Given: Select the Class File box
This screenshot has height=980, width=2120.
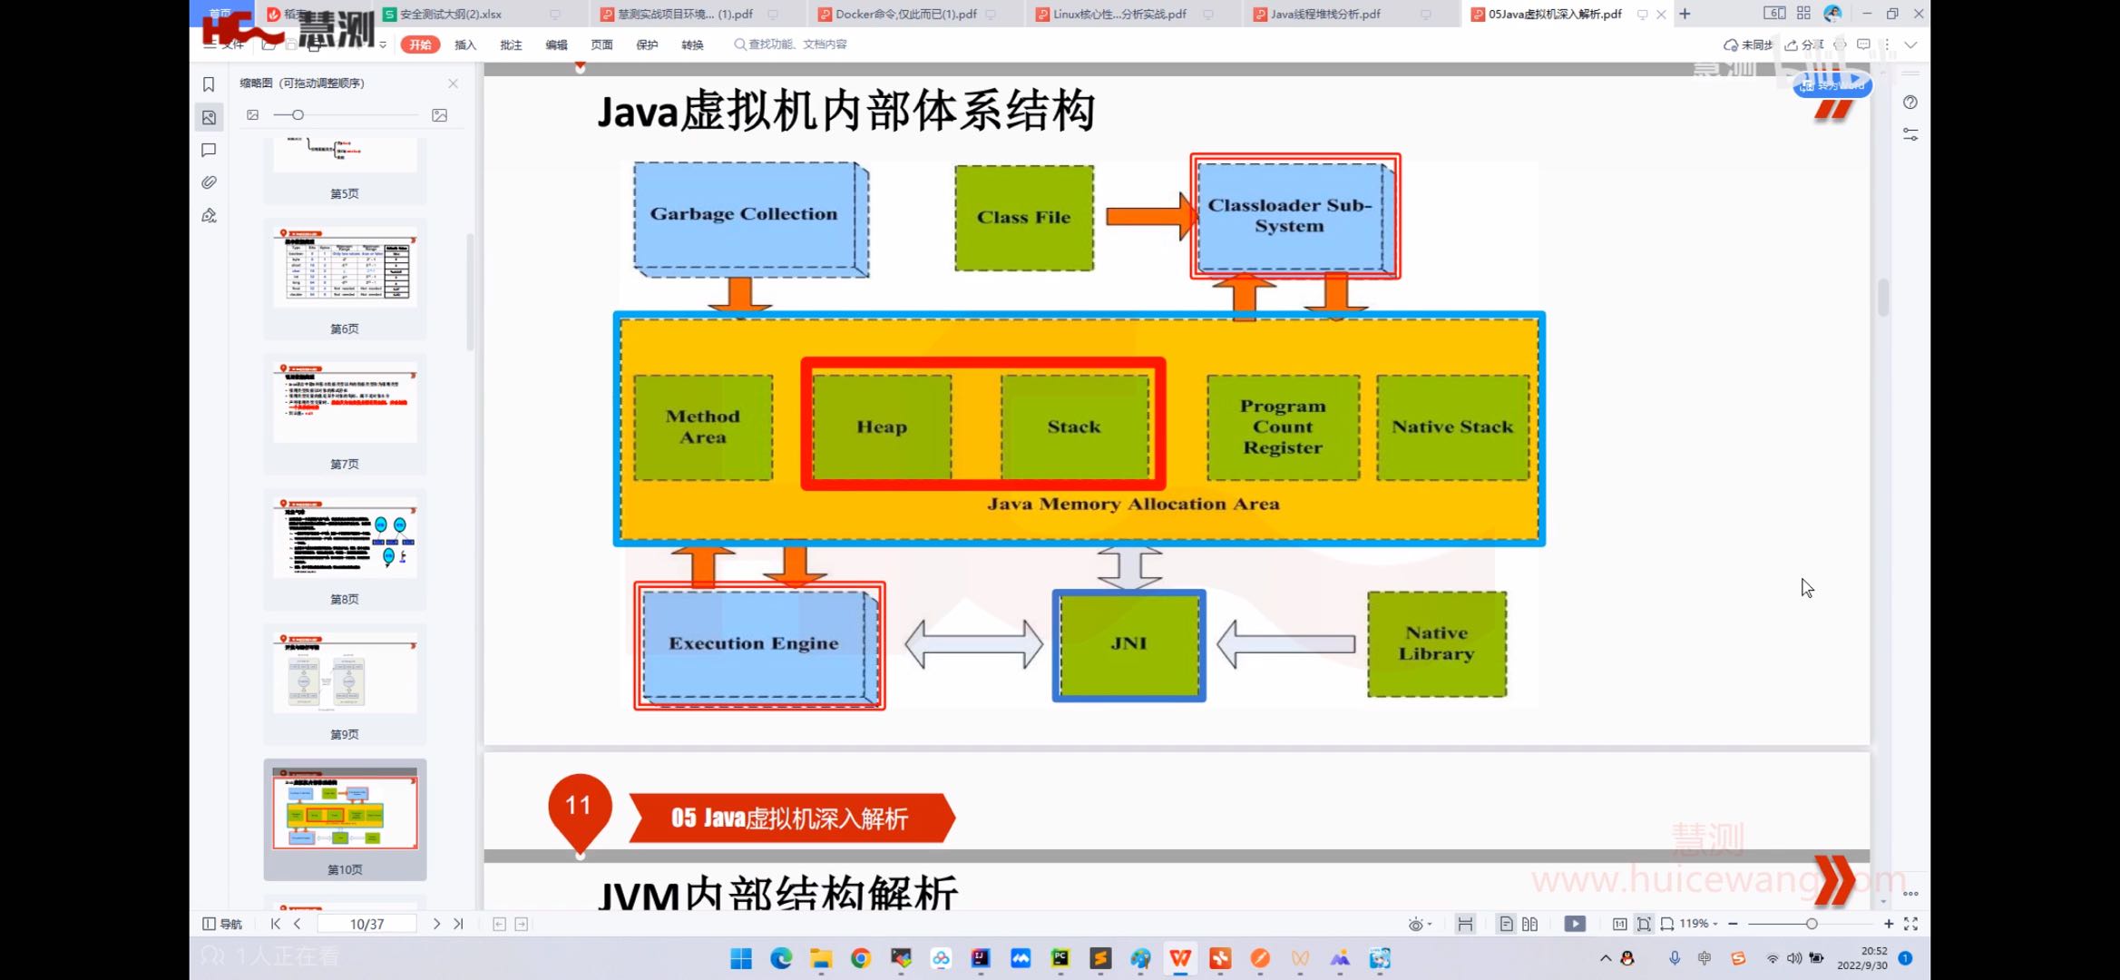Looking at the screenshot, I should (x=1023, y=218).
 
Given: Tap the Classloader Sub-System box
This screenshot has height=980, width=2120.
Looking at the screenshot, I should (x=1290, y=216).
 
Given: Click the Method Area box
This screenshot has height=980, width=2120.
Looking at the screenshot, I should (x=703, y=427).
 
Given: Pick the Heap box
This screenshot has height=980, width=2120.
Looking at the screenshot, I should (x=882, y=426).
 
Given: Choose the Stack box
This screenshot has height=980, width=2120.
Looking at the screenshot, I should (x=1074, y=426).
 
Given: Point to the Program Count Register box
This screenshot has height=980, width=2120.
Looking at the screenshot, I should (x=1283, y=427).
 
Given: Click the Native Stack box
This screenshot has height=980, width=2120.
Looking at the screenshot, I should (x=1452, y=427).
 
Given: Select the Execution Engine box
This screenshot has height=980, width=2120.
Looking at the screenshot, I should (x=754, y=644).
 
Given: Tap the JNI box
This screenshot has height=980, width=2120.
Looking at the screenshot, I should (x=1128, y=644).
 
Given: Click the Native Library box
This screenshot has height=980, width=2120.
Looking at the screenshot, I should (x=1436, y=644).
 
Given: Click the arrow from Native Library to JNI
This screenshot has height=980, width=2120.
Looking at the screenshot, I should (x=1285, y=644).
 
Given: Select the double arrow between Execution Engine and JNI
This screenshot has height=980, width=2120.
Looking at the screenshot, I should (x=973, y=644).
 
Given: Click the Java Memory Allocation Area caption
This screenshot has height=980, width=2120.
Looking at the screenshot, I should (x=1133, y=505).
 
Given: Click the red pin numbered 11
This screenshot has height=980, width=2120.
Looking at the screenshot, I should (x=579, y=806).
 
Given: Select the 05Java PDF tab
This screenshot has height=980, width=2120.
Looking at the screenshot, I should (x=1554, y=15).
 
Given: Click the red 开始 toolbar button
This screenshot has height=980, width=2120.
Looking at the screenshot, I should (x=420, y=44).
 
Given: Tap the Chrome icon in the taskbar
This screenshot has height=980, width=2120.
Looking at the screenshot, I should (x=860, y=958).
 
